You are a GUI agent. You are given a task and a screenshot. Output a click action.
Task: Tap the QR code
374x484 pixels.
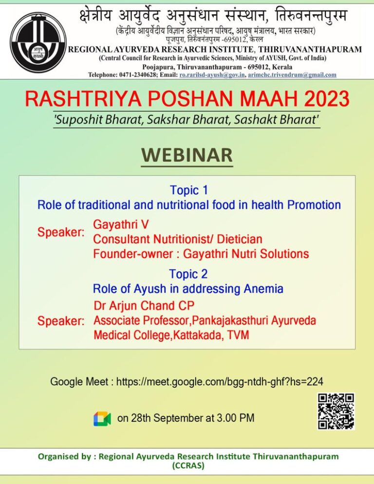coord(336,411)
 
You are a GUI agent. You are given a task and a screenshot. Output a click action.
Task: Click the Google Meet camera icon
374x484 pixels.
coord(102,418)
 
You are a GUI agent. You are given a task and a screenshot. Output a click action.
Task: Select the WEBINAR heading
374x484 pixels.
coord(187,156)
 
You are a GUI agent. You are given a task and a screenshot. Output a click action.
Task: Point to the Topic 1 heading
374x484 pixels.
coord(189,190)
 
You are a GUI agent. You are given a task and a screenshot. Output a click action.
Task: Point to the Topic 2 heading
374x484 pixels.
coord(188,274)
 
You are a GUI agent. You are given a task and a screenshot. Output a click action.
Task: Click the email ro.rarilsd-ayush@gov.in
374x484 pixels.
coord(212,74)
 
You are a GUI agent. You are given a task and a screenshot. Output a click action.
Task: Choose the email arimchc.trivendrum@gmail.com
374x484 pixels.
coord(292,74)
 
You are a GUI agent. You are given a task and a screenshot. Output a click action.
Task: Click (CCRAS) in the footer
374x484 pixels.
coord(188,465)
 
